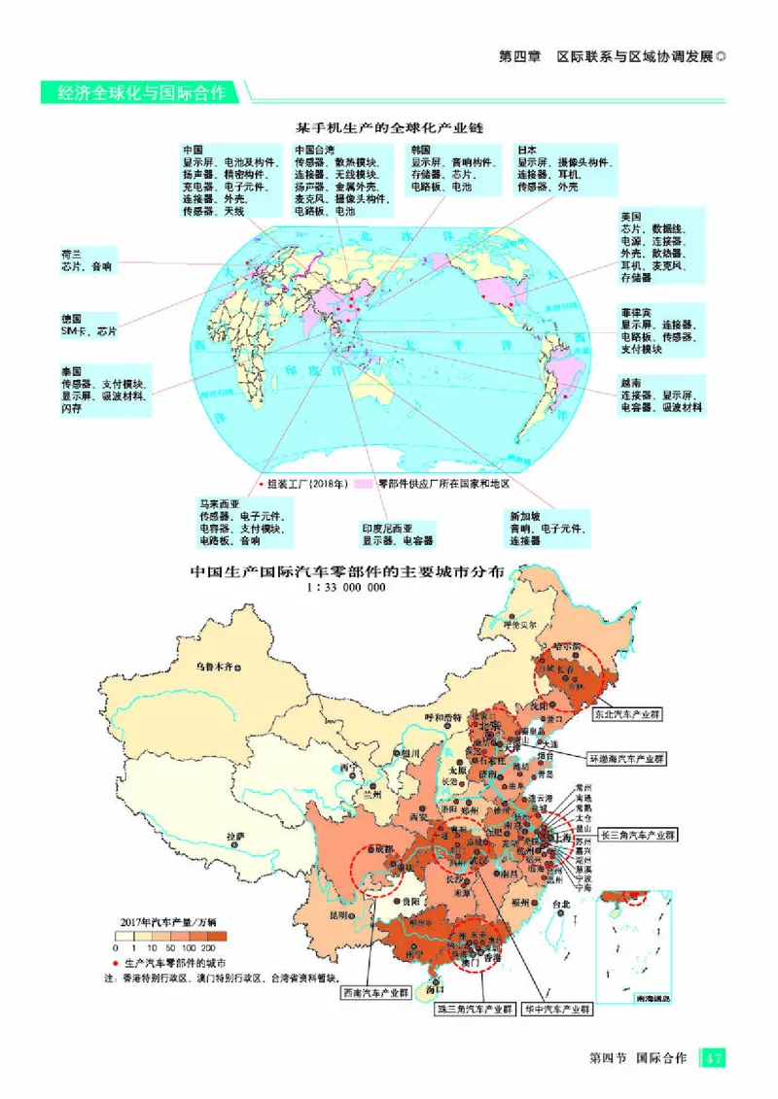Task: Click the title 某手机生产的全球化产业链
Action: pos(390,127)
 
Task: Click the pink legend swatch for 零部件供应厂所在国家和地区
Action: pos(365,483)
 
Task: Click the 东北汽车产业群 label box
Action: pos(625,712)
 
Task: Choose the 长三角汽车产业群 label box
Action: pos(637,834)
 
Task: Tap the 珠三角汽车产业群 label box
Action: pos(475,1009)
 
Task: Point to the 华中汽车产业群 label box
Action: pos(556,1009)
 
